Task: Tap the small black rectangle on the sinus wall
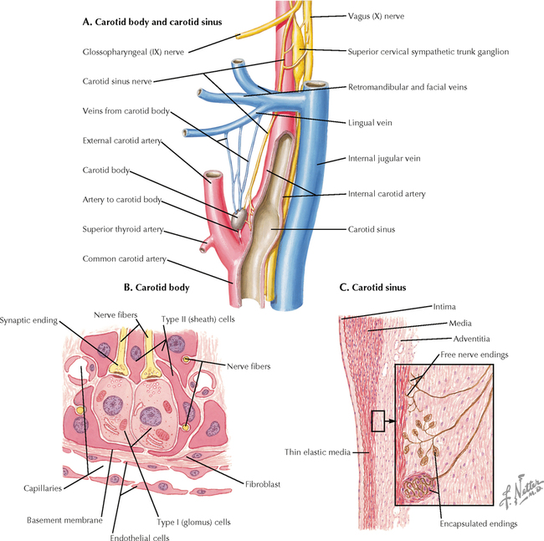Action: click(x=377, y=421)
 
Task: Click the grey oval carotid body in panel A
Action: click(x=239, y=219)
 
